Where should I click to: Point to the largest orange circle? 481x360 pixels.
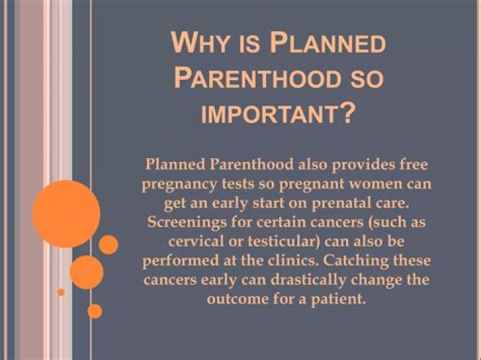click(66, 214)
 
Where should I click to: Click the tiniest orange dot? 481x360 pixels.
click(61, 292)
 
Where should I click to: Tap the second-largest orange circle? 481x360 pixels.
click(86, 272)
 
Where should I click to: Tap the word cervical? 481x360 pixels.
click(188, 240)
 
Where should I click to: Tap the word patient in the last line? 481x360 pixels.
click(344, 298)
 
